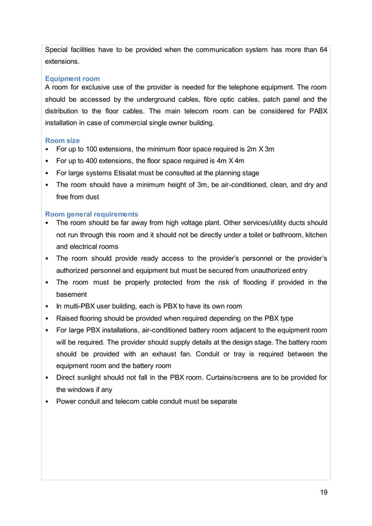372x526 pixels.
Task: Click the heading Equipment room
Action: coord(72,78)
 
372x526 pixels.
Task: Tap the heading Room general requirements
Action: coord(92,214)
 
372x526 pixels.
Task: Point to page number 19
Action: coord(324,492)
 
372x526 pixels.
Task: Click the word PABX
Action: coord(317,111)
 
